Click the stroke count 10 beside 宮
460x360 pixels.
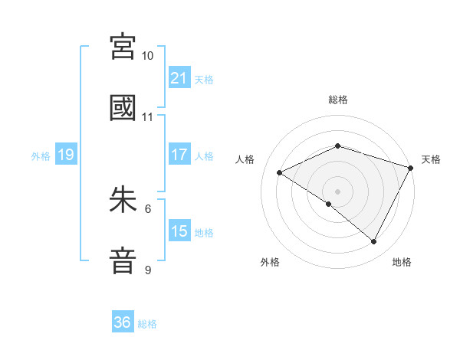point(148,56)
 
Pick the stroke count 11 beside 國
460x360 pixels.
point(148,117)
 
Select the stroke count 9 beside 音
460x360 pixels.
point(148,270)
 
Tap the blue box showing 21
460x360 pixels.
point(179,78)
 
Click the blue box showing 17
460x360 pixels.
point(179,155)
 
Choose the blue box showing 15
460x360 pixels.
point(179,231)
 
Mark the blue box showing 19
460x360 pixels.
point(65,155)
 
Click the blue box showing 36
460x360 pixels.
point(123,322)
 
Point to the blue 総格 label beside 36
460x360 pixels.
point(147,323)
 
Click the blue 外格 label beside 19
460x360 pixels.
point(41,155)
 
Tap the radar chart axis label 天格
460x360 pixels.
point(431,159)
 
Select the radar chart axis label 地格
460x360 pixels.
point(402,262)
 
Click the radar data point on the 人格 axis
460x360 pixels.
point(280,173)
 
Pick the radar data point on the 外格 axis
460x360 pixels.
point(329,204)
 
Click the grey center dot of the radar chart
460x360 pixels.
point(337,191)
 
